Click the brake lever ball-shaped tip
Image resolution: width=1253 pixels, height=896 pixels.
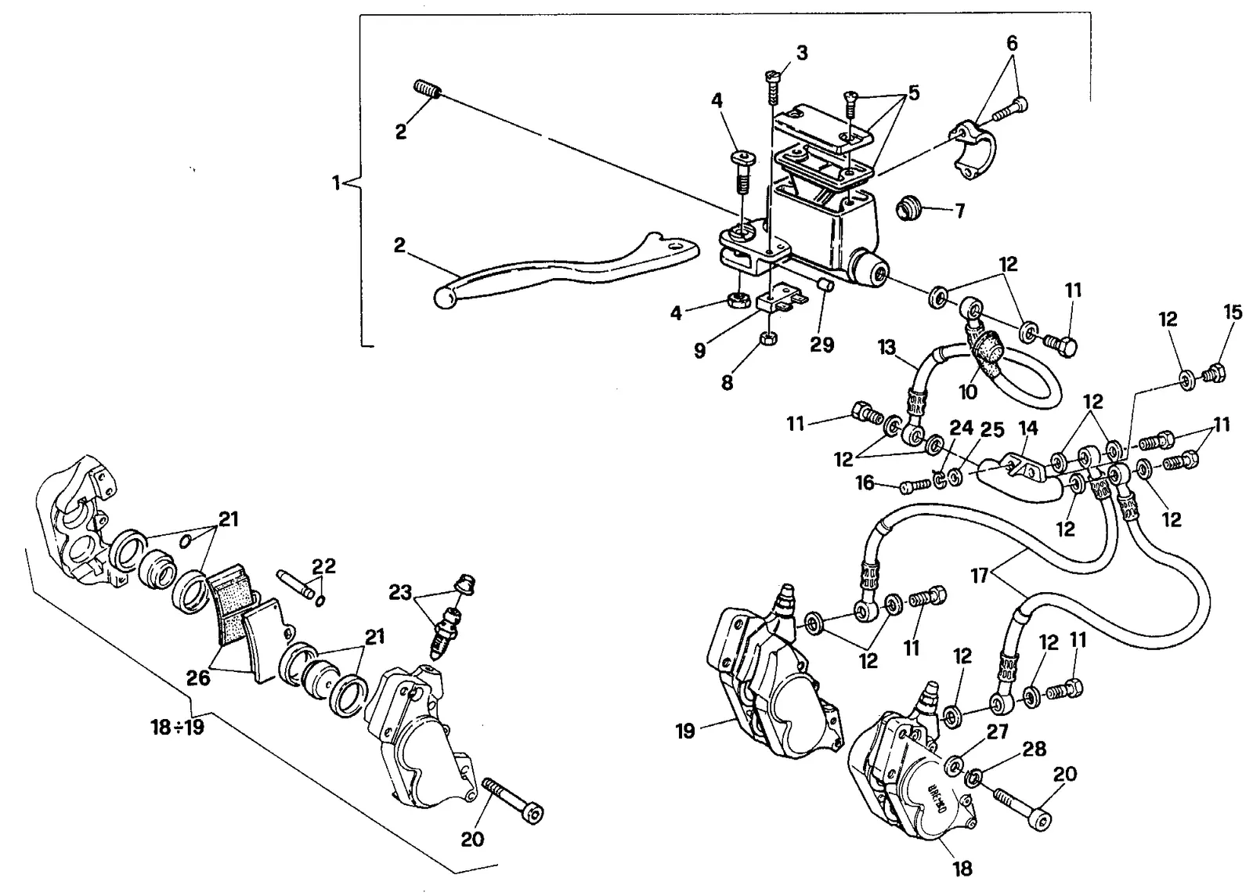pyautogui.click(x=444, y=297)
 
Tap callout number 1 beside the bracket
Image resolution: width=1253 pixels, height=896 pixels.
pyautogui.click(x=336, y=183)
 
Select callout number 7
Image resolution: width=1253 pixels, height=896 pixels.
pyautogui.click(x=960, y=211)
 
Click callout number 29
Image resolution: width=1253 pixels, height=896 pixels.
pyautogui.click(x=821, y=344)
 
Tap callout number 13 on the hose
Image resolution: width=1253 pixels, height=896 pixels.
pyautogui.click(x=886, y=347)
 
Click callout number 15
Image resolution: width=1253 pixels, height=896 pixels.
pyautogui.click(x=1233, y=312)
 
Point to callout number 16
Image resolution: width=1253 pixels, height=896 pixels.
pyautogui.click(x=865, y=482)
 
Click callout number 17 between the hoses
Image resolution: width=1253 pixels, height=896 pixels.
pyautogui.click(x=980, y=576)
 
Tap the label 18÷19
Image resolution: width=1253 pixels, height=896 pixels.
pyautogui.click(x=177, y=727)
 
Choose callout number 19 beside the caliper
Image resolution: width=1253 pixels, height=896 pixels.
pyautogui.click(x=685, y=731)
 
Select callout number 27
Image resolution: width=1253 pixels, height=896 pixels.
pyautogui.click(x=998, y=732)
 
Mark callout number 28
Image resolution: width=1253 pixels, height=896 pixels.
pyautogui.click(x=1034, y=748)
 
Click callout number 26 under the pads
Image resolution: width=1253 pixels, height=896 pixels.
pyautogui.click(x=198, y=677)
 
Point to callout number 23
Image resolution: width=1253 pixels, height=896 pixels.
pyautogui.click(x=400, y=592)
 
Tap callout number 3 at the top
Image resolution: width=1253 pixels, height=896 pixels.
pyautogui.click(x=802, y=53)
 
